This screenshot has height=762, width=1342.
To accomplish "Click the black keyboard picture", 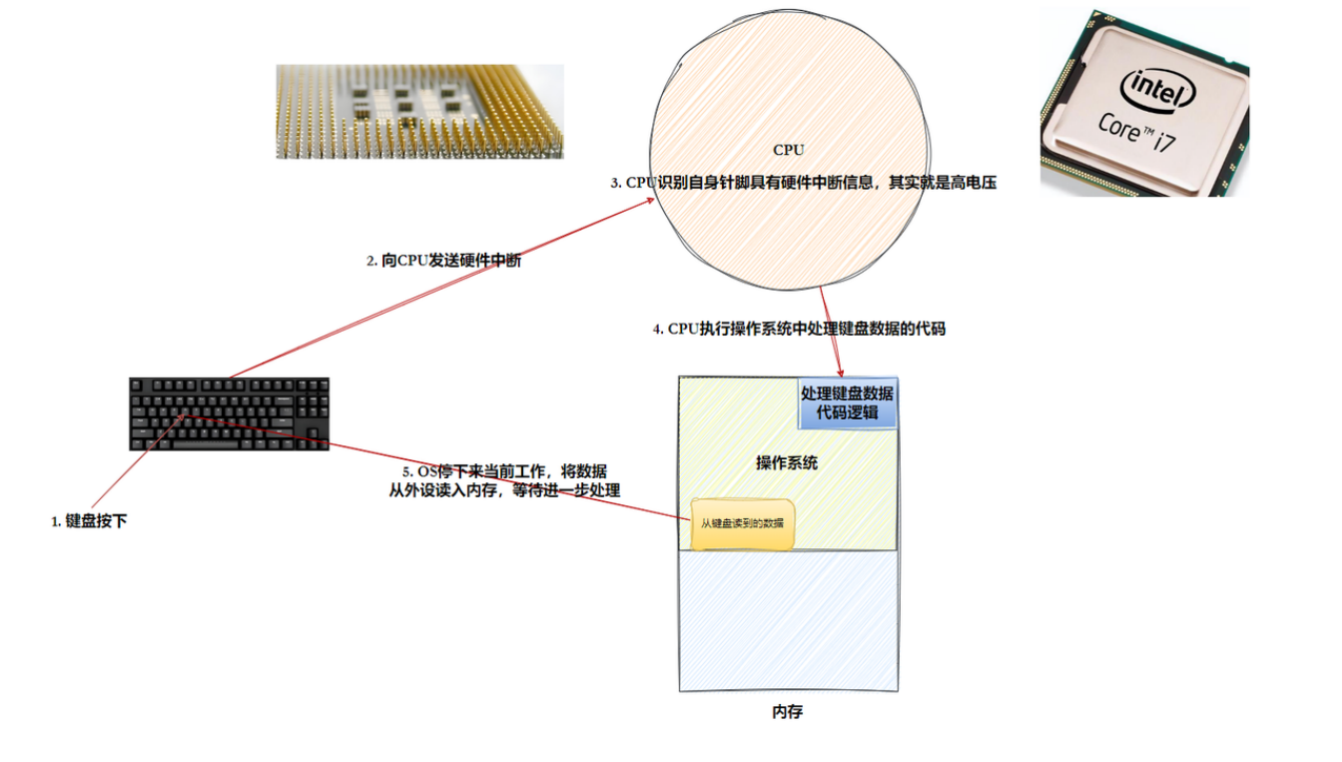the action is point(229,413).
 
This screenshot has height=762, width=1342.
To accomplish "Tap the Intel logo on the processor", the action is point(1158,92).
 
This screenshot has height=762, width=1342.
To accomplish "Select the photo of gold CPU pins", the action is point(419,111).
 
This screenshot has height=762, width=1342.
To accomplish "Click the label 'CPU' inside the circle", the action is point(788,150).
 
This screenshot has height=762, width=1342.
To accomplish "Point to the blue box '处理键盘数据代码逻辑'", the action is point(848,401).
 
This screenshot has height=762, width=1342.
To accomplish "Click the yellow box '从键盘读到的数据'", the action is point(742,523).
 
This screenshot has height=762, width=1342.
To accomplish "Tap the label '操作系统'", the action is point(787,462).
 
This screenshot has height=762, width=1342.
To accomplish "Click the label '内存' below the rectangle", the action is point(787,712).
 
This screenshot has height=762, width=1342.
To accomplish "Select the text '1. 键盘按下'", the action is point(89,521).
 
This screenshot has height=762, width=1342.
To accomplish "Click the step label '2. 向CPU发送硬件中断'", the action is point(443,261).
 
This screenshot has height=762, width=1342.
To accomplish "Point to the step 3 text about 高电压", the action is point(804,183).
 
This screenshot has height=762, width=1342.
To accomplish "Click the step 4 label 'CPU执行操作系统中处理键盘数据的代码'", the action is point(799,329).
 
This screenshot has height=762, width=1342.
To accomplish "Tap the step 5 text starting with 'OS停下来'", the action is point(504,480).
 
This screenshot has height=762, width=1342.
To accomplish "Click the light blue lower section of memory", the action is point(788,619).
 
